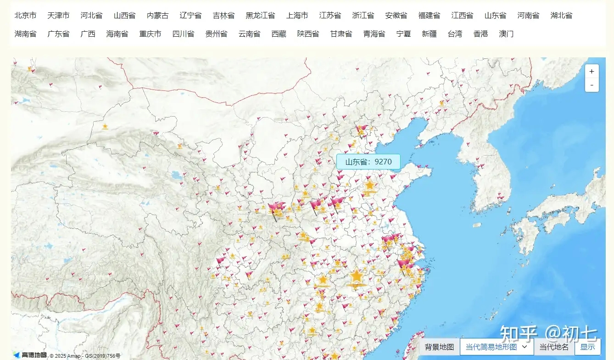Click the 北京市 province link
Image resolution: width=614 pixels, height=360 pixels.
[25, 16]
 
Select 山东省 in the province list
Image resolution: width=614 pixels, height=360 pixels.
[495, 16]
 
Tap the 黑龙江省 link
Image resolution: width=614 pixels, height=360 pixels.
[260, 16]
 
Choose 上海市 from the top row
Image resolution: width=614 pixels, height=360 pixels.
[297, 16]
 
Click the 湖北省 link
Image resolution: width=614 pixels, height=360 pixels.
[561, 16]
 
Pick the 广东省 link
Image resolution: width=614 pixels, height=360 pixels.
[58, 34]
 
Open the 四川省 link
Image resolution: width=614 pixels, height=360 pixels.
[183, 34]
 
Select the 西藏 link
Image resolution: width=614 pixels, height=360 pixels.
[279, 34]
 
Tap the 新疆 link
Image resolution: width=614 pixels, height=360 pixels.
[429, 34]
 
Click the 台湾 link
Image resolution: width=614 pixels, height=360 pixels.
[455, 34]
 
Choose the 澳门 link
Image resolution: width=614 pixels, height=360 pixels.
[506, 34]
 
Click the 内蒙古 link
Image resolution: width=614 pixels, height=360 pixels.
[157, 16]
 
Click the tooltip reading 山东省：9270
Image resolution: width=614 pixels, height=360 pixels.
[368, 162]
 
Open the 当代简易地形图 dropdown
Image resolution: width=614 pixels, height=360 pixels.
[497, 347]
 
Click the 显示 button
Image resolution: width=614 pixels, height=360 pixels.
[587, 347]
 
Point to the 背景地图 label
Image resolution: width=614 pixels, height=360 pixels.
[439, 347]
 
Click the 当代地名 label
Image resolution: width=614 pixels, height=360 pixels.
[554, 347]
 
